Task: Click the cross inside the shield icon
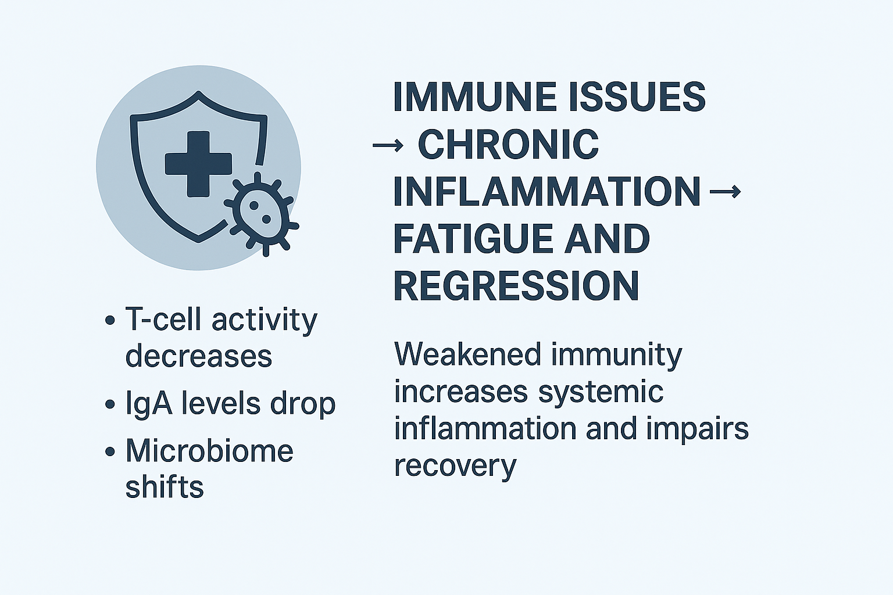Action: (198, 164)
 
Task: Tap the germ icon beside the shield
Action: (260, 214)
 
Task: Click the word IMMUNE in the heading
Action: (474, 97)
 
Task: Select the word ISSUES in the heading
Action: (637, 97)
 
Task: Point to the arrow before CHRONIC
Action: (388, 145)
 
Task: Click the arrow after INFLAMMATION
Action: (725, 192)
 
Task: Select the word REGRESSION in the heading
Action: (516, 286)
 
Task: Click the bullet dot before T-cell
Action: (110, 320)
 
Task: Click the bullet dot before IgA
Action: (110, 405)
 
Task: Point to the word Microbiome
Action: (210, 451)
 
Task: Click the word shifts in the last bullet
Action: (165, 486)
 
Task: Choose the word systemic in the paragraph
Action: (601, 392)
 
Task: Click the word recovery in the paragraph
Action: (455, 466)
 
